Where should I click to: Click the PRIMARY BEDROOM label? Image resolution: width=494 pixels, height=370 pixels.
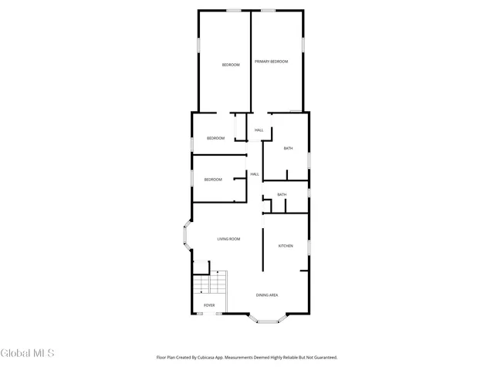pos(272,61)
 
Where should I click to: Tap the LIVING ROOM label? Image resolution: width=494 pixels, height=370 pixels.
pos(228,239)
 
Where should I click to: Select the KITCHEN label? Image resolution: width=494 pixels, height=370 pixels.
pos(286,246)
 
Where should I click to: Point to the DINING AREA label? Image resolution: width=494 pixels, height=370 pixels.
pos(267,295)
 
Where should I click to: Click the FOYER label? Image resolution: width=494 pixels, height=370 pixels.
pos(209,305)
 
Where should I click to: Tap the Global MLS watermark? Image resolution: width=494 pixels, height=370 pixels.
pos(28,353)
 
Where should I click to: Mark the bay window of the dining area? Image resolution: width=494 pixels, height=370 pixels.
pos(267,320)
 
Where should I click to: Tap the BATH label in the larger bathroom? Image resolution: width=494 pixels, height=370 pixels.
pos(288,148)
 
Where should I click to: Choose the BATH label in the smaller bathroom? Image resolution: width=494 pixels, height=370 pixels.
pos(282,194)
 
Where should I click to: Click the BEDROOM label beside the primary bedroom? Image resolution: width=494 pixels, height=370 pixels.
pos(231,65)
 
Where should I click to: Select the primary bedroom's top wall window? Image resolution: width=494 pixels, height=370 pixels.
pos(268,10)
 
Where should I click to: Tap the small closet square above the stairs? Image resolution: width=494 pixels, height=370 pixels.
pos(201,267)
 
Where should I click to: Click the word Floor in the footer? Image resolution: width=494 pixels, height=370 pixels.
pos(162,358)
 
